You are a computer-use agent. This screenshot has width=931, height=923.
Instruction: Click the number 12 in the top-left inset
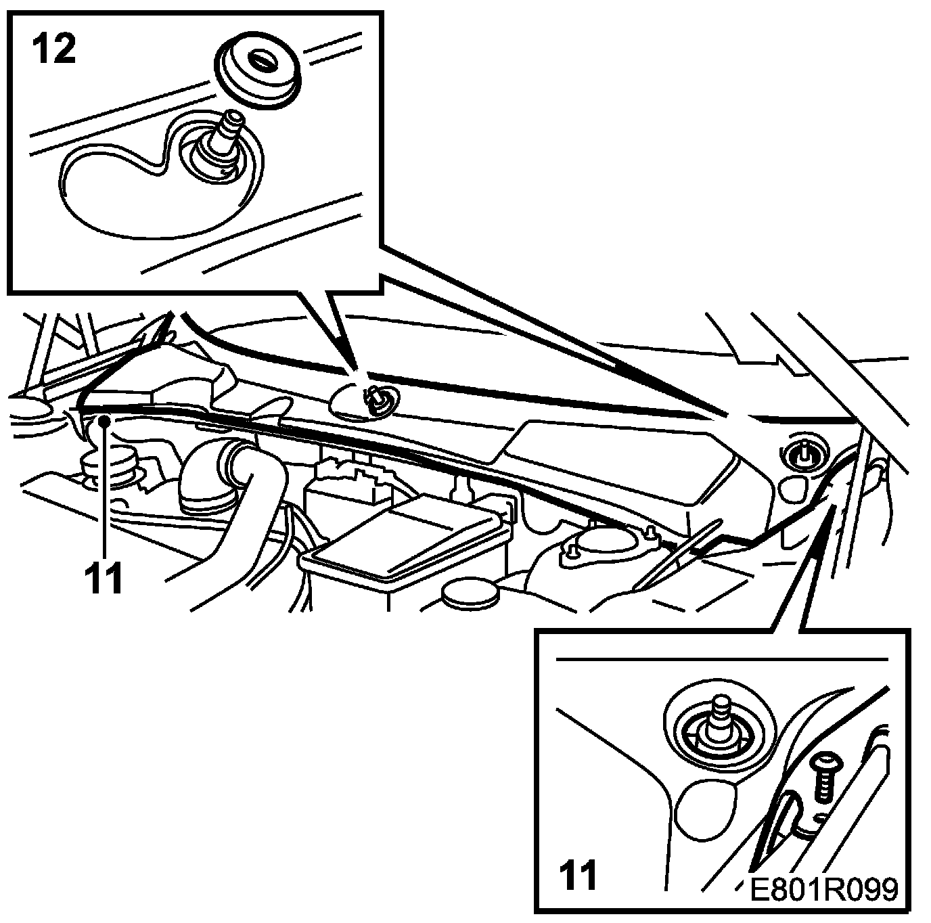pos(53,51)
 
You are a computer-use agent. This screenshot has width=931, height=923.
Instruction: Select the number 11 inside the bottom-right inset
pos(578,876)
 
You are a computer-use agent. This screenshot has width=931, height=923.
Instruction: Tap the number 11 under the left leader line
pos(104,579)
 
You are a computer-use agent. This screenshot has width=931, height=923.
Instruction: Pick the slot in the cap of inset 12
pos(259,60)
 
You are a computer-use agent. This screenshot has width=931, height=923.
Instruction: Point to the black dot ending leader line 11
pos(104,421)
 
